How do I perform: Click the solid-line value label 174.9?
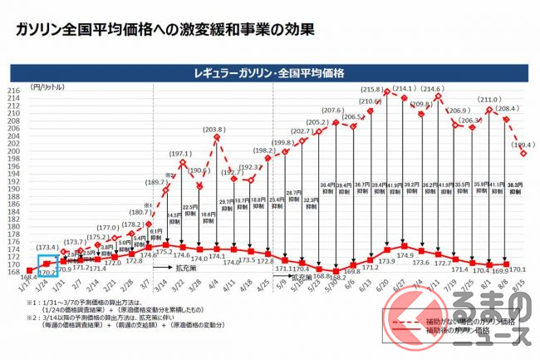405,254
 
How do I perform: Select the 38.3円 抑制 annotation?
513,188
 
